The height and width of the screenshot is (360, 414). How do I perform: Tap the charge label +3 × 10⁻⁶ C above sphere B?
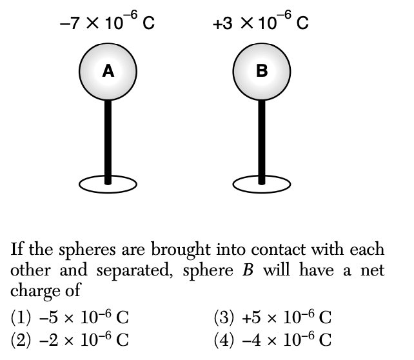[x=261, y=25]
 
